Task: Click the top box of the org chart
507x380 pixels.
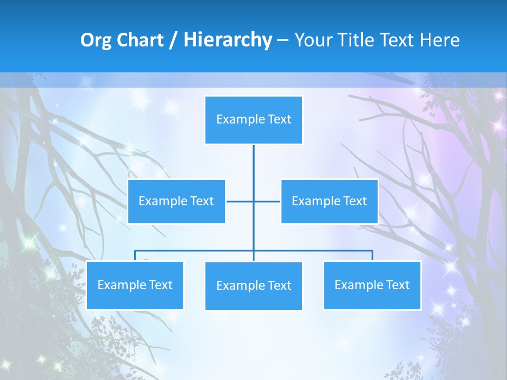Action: click(253, 120)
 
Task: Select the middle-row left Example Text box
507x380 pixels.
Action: click(176, 201)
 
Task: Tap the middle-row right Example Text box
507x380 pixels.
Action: click(329, 201)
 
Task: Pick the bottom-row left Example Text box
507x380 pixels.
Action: click(135, 285)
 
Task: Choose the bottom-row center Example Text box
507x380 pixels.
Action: click(253, 286)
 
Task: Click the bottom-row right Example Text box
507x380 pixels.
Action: click(372, 285)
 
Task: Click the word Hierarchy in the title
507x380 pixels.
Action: click(228, 40)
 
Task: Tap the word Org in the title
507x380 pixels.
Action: click(96, 40)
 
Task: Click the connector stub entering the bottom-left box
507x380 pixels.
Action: click(135, 255)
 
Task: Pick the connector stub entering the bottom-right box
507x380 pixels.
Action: click(372, 255)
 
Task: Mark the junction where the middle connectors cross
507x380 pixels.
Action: click(253, 201)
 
